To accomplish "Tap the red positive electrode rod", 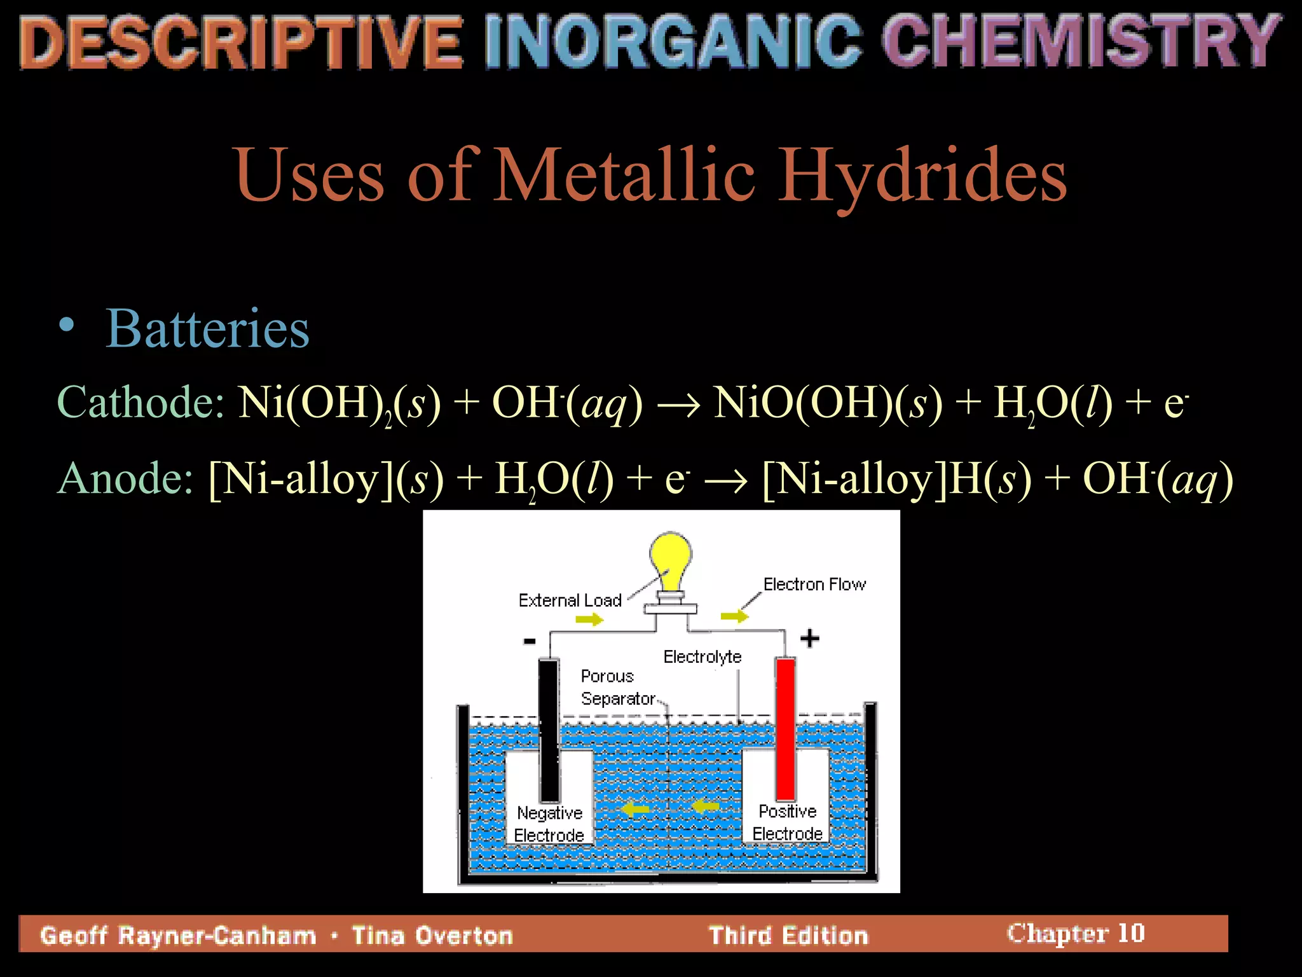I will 786,728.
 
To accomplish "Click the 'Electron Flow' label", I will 814,585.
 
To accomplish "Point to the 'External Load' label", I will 570,600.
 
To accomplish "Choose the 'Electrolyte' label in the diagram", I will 702,656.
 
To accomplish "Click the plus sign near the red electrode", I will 809,638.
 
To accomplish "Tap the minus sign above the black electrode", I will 530,641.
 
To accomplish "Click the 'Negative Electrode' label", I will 549,824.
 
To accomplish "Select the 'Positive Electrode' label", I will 787,822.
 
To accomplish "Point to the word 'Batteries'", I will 207,329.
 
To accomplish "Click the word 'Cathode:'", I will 141,403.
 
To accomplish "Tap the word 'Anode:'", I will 125,478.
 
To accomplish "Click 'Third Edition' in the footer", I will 788,936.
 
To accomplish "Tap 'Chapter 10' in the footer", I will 1076,933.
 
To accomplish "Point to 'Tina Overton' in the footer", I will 432,936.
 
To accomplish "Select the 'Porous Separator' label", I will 617,687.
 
